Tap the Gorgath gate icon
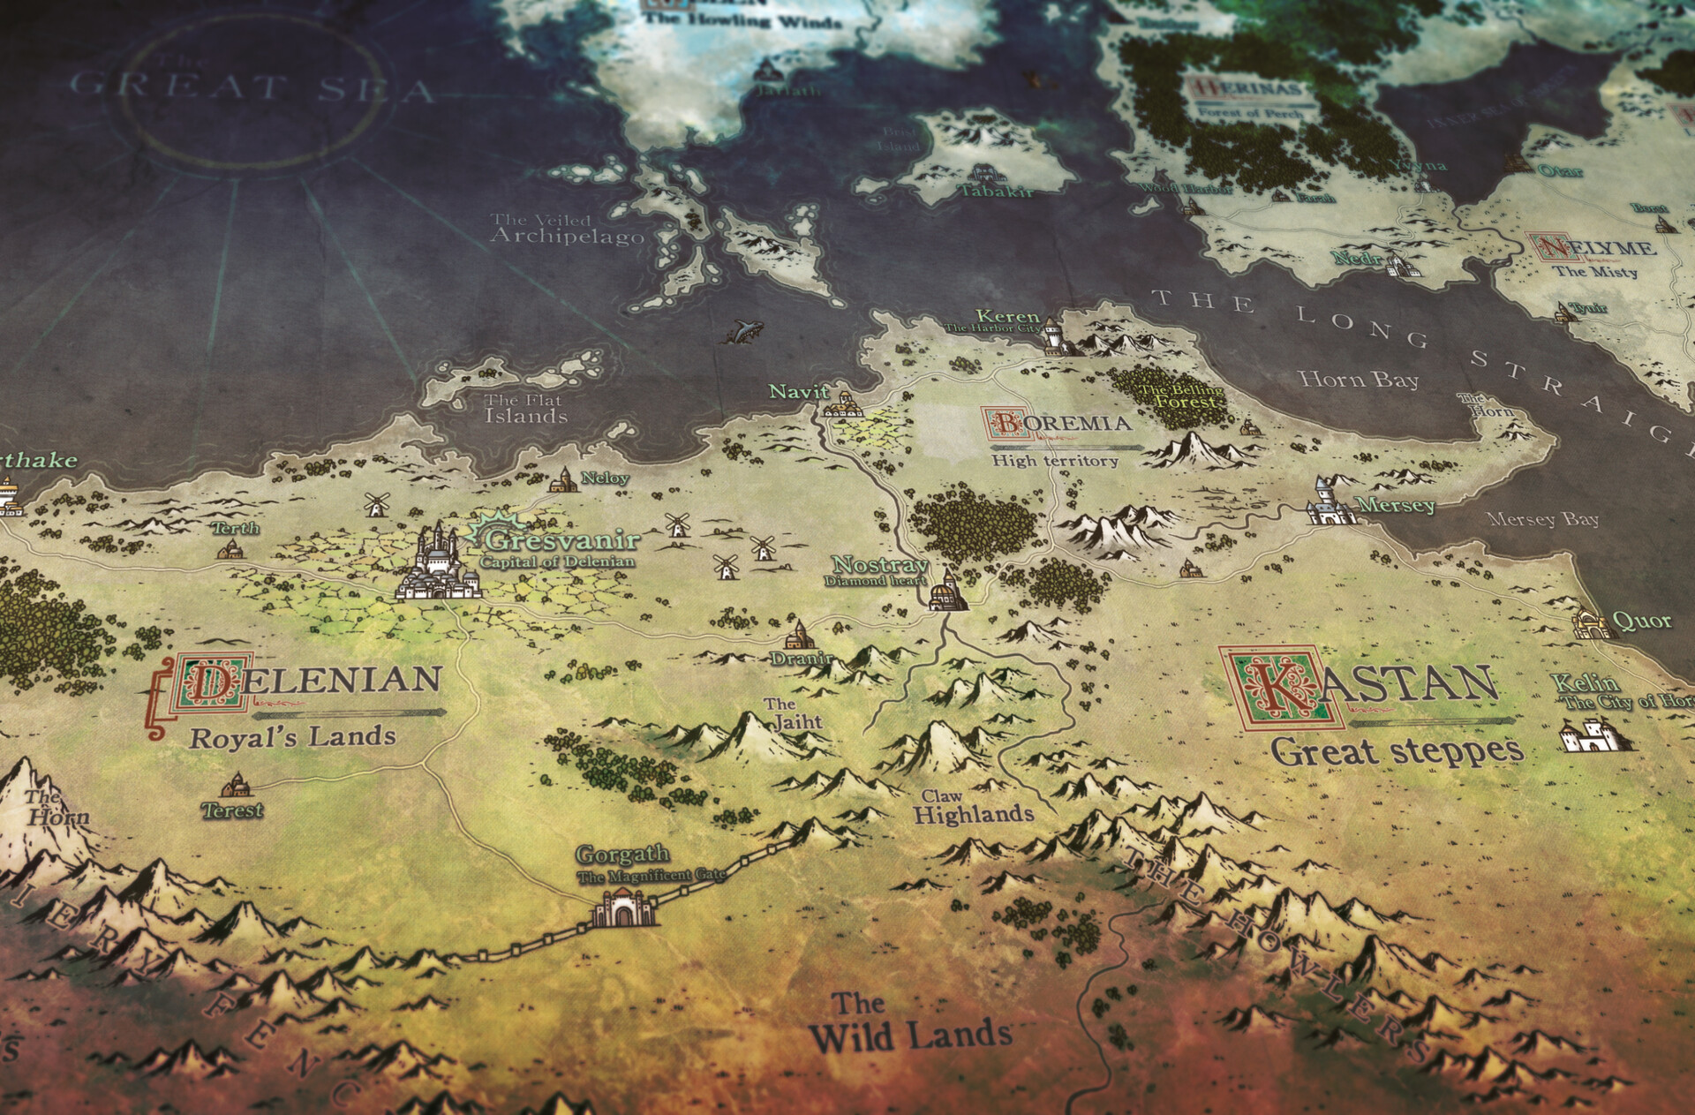point(625,908)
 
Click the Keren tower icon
point(1053,335)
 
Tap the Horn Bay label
point(1358,380)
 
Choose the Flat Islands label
point(524,408)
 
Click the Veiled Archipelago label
point(567,229)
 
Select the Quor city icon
point(1590,623)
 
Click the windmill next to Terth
point(376,504)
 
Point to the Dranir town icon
point(799,635)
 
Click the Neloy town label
point(606,478)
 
